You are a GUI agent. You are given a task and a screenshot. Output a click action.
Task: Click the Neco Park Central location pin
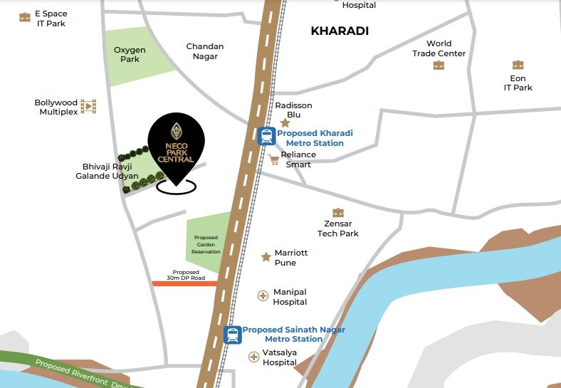coord(175,142)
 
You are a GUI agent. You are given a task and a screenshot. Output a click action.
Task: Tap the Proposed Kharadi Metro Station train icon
coord(267,136)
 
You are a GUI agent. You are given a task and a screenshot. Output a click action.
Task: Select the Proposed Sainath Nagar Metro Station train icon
coord(233,335)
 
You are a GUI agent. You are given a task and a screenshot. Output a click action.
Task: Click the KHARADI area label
coord(340,31)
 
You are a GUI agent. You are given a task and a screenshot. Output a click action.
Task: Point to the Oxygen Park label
coord(130,54)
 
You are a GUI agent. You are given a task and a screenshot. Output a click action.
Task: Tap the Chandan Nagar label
coord(205,51)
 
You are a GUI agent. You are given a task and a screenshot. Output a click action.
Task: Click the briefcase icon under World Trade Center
coord(439,65)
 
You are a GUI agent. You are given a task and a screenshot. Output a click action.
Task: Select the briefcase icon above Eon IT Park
coord(518,65)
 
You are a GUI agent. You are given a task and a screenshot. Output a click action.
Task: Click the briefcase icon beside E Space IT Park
coord(25,17)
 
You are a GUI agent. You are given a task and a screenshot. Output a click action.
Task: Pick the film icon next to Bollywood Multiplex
coord(88,107)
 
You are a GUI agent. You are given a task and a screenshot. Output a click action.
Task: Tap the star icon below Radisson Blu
coord(285,123)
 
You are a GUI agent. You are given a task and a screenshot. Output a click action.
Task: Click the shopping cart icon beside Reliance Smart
coord(274,159)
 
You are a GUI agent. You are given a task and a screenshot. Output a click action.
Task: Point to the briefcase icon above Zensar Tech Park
coord(338,212)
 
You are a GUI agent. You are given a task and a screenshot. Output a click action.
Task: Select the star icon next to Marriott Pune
coord(266,256)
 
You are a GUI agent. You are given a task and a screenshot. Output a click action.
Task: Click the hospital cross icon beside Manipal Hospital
coord(263,295)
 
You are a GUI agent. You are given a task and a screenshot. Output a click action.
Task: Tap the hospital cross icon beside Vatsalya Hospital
coord(253,356)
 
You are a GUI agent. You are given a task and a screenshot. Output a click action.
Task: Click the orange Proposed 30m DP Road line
coord(184,283)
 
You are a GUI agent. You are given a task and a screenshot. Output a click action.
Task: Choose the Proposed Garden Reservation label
coord(206,245)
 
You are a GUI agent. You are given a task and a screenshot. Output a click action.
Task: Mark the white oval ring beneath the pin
coord(176,187)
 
